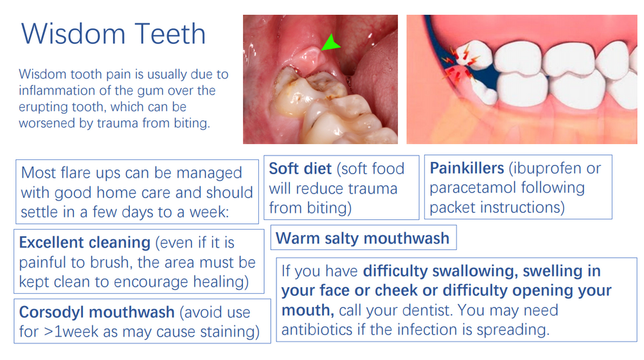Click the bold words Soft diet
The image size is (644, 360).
pyautogui.click(x=300, y=169)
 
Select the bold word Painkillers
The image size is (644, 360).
pyautogui.click(x=467, y=168)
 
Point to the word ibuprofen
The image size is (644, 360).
pyautogui.click(x=546, y=168)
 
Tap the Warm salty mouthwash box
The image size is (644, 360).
pyautogui.click(x=364, y=237)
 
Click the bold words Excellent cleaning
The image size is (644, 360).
pyautogui.click(x=85, y=242)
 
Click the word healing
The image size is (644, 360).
pyautogui.click(x=221, y=282)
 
